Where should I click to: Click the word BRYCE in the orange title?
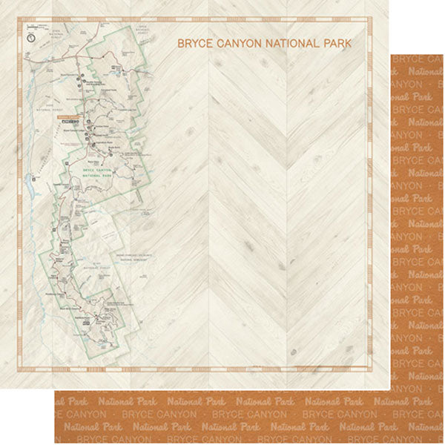[x=195, y=44]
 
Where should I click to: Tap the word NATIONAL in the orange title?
[x=294, y=44]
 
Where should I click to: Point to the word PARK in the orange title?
[x=337, y=44]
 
